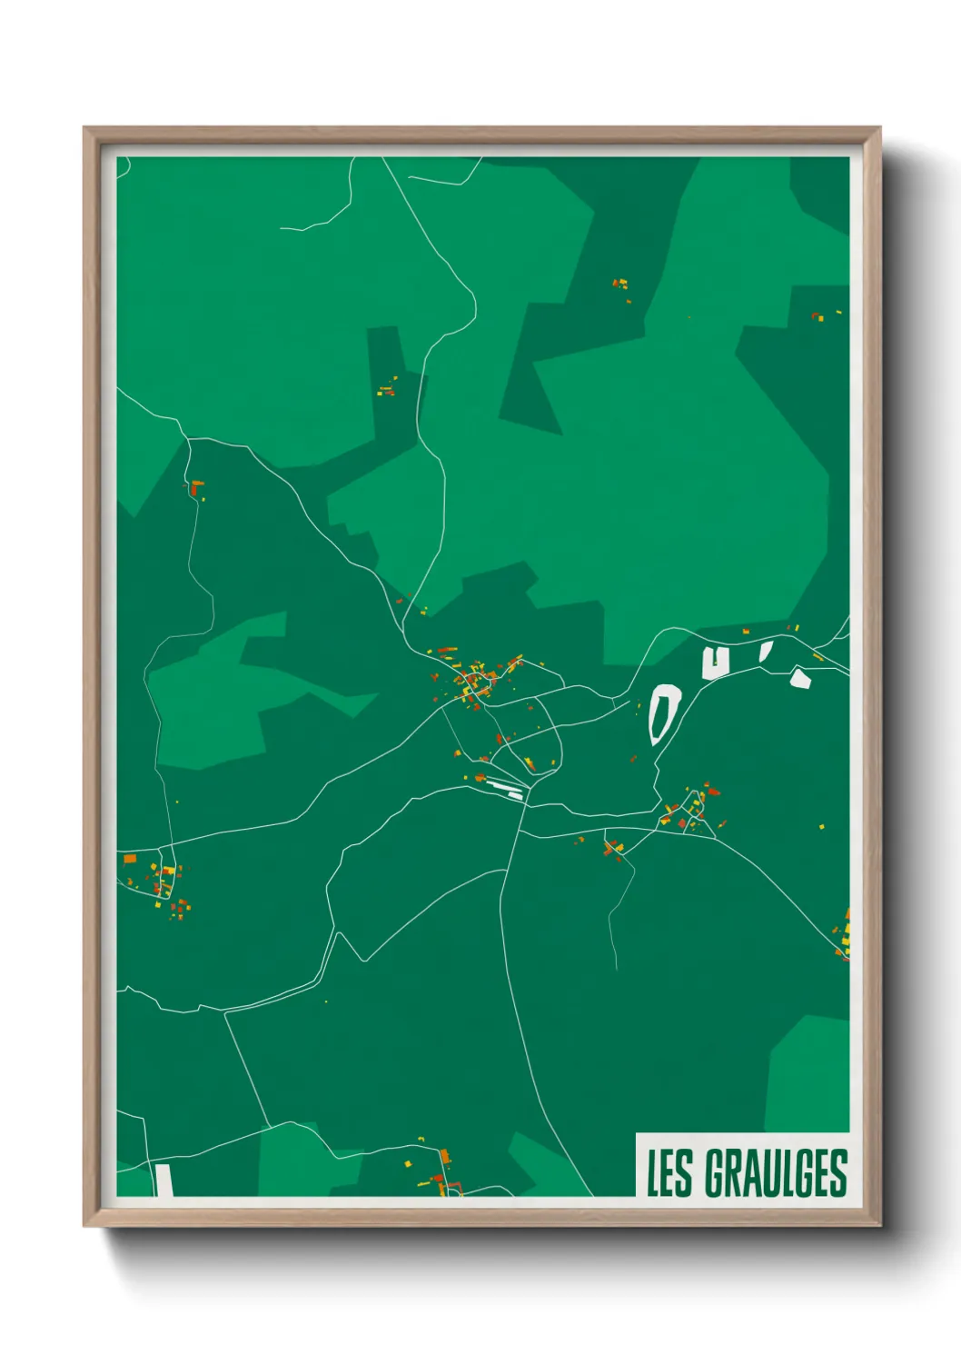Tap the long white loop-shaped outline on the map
coord(665,714)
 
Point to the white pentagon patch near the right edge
coord(799,678)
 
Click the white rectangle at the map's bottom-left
coord(163,1180)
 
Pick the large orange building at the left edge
coord(130,857)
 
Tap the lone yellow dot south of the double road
coord(326,1001)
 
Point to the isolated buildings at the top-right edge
coord(818,315)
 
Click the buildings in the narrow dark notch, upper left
coord(387,390)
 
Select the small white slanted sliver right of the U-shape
coord(766,650)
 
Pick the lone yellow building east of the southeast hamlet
coord(823,826)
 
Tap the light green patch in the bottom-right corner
coord(810,1072)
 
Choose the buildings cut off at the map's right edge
coord(845,936)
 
